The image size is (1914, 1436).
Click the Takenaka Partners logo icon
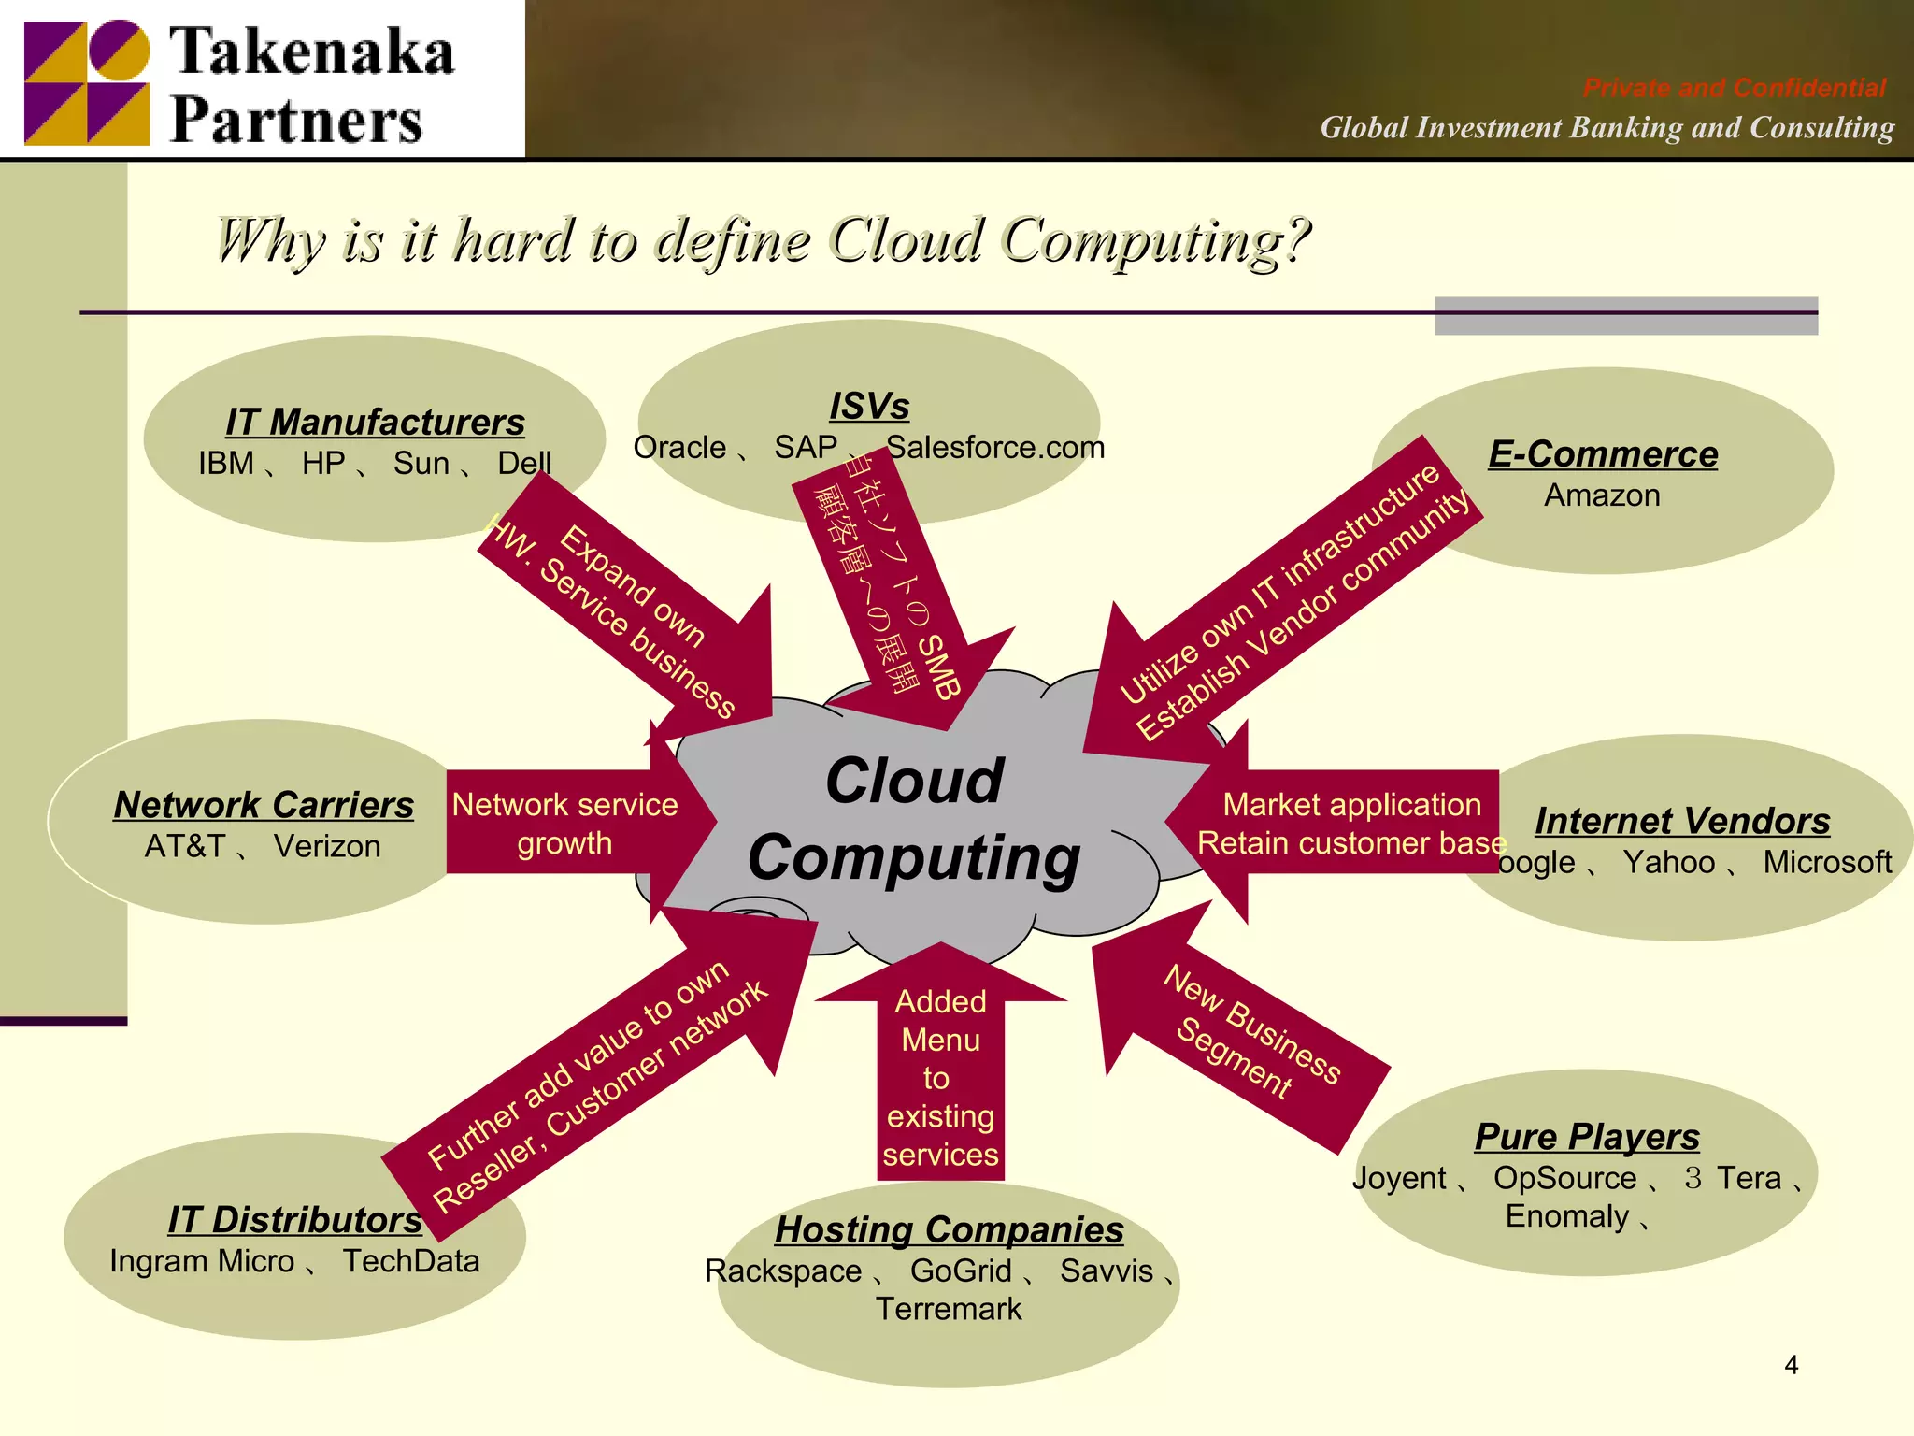point(87,82)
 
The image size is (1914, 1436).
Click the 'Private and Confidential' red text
point(1734,88)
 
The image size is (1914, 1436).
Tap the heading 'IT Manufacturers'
point(375,422)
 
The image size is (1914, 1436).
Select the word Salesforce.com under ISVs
point(995,448)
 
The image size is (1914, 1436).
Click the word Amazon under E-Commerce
point(1602,495)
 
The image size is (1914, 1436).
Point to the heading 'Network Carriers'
point(264,805)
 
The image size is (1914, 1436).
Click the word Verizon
point(327,847)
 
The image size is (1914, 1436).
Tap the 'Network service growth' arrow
point(565,824)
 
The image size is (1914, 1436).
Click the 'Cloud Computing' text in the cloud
point(914,819)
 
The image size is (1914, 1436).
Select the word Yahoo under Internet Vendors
point(1668,862)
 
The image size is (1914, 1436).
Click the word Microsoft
point(1827,862)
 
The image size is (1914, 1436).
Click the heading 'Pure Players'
point(1587,1137)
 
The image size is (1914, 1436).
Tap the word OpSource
point(1564,1178)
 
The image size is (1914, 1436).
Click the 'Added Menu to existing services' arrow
point(940,1075)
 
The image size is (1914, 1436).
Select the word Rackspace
point(783,1271)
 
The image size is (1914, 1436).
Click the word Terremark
point(949,1310)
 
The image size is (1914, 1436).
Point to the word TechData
point(411,1261)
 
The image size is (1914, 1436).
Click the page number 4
point(1791,1365)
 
